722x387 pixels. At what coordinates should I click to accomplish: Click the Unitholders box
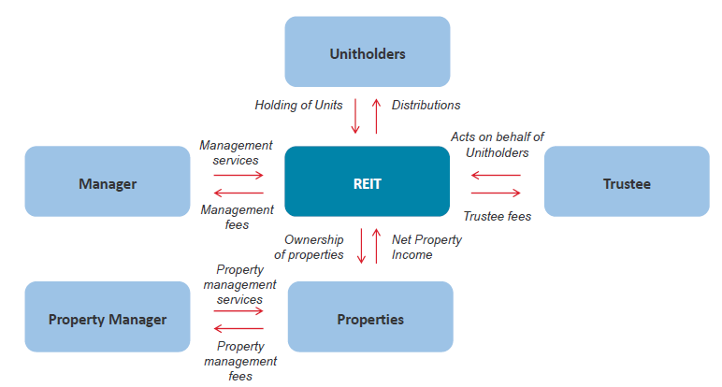pos(368,51)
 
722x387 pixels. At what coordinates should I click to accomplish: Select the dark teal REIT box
pos(367,181)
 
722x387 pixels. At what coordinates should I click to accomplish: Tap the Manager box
pos(108,181)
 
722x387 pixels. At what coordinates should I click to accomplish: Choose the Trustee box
pos(627,181)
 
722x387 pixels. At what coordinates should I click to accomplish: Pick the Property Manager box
pos(108,317)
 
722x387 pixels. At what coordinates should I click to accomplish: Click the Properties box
pos(370,317)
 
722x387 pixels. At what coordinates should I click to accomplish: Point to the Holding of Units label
pos(299,106)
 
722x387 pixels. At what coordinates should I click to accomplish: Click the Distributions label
pos(426,105)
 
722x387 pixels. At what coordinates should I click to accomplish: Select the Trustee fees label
pos(498,216)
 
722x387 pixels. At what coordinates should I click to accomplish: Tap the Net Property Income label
pos(426,247)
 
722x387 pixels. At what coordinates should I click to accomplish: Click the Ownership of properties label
pos(309,247)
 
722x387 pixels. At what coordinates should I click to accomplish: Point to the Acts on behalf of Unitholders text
pos(498,145)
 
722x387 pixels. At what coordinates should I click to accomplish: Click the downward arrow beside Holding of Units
pos(355,116)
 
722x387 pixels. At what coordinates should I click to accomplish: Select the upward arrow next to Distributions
pos(376,116)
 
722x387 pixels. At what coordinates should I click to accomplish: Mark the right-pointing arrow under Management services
pos(238,175)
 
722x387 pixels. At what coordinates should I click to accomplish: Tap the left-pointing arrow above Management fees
pos(238,193)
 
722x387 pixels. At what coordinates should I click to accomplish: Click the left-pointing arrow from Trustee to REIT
pos(496,175)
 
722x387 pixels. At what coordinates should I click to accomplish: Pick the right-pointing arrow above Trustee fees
pos(496,193)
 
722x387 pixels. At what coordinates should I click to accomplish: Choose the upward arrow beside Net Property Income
pos(376,246)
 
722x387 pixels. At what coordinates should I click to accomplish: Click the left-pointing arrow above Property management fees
pos(238,328)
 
